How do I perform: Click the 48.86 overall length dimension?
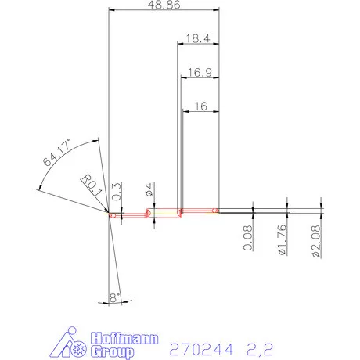pyautogui.click(x=164, y=5)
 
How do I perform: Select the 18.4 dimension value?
pyautogui.click(x=198, y=38)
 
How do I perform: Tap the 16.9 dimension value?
pyautogui.click(x=200, y=72)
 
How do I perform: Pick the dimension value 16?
pyautogui.click(x=201, y=106)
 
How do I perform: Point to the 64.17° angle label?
pyautogui.click(x=57, y=153)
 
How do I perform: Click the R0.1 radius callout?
pyautogui.click(x=92, y=185)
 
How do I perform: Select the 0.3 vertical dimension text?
pyautogui.click(x=117, y=191)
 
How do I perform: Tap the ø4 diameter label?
pyautogui.click(x=149, y=189)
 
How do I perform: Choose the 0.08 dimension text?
pyautogui.click(x=247, y=238)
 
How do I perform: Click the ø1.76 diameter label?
pyautogui.click(x=282, y=239)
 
